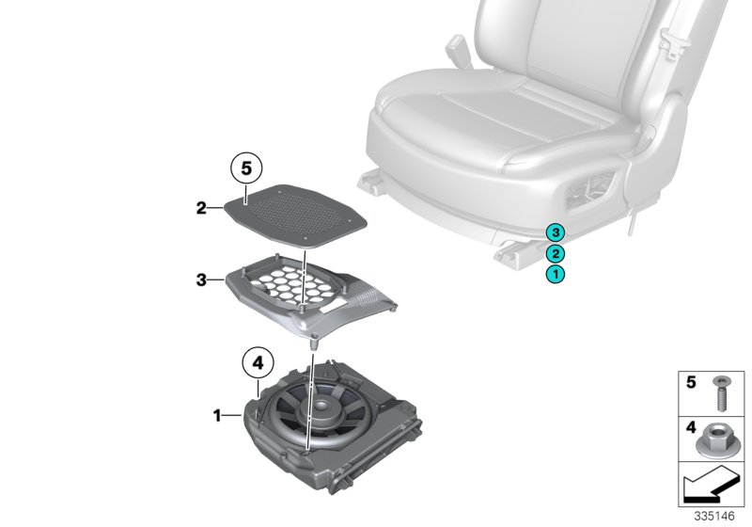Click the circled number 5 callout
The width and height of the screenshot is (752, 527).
click(246, 168)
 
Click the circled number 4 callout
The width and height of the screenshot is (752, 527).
click(258, 363)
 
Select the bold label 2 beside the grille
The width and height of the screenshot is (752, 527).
click(201, 208)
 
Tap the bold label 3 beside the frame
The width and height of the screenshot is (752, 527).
click(201, 279)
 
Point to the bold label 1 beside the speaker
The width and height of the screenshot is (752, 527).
click(217, 415)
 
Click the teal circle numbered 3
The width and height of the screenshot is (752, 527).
click(556, 232)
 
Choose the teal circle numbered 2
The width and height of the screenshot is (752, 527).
click(556, 253)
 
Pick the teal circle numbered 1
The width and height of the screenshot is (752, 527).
click(556, 275)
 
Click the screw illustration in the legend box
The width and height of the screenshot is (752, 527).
click(720, 393)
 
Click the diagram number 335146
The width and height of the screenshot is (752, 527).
click(714, 516)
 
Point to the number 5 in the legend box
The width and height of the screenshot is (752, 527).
click(691, 382)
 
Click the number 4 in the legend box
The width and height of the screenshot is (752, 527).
click(691, 426)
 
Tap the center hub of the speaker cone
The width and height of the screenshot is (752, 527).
click(320, 407)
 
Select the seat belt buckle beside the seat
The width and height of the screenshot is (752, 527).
click(459, 52)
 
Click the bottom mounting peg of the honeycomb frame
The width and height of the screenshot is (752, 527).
click(314, 343)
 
